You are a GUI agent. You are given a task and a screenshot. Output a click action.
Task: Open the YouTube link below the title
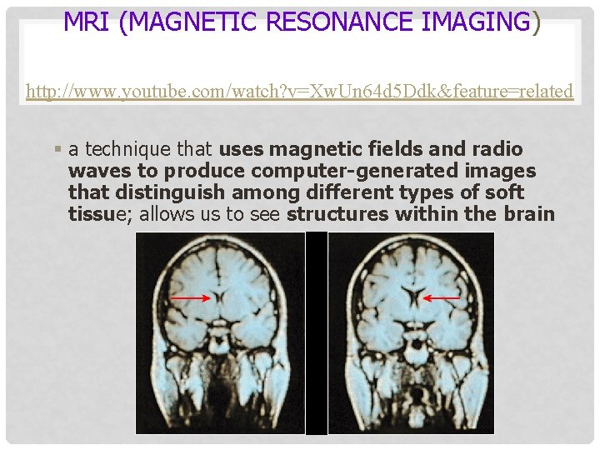tap(299, 91)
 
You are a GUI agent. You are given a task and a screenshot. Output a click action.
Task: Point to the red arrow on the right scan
tap(442, 297)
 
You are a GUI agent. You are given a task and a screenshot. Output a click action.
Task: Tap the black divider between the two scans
tap(317, 333)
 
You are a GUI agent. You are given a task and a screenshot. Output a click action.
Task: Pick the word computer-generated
tap(342, 171)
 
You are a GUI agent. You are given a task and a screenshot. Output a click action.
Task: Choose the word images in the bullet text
tap(502, 171)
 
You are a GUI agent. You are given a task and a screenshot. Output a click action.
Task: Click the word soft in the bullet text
tap(505, 192)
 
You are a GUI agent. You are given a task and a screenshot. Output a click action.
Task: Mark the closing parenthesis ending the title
tap(536, 23)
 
